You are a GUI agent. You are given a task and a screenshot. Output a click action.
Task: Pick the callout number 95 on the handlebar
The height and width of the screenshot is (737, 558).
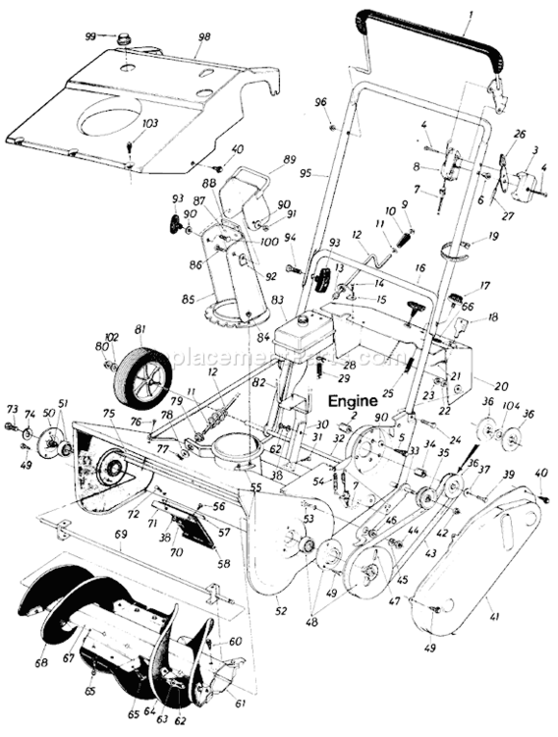(x=306, y=172)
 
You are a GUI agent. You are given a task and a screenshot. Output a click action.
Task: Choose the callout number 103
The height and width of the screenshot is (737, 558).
(x=149, y=124)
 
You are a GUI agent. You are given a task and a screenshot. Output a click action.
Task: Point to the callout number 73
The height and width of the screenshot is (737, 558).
(x=12, y=409)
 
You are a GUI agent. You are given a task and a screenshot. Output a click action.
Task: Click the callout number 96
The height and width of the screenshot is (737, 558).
(x=320, y=101)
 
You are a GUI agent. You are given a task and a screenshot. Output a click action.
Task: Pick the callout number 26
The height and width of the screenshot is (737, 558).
(x=520, y=135)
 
